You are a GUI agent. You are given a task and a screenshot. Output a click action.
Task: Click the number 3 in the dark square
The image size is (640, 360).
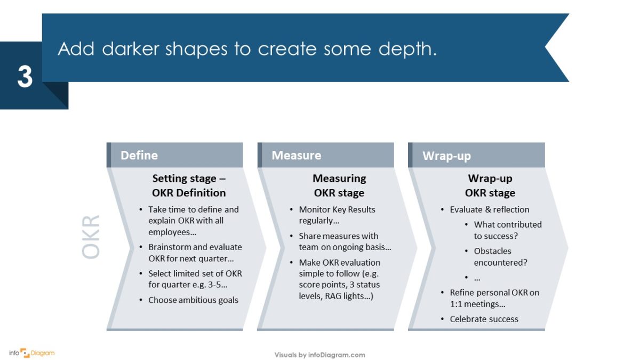click(x=25, y=77)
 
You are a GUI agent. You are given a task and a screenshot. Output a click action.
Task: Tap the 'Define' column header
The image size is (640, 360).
click(x=139, y=155)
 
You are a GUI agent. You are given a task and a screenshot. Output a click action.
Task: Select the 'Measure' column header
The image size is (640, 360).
click(x=296, y=155)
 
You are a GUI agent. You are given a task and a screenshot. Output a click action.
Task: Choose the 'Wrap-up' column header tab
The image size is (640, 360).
click(x=446, y=156)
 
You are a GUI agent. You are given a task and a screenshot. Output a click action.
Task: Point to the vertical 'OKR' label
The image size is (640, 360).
click(x=92, y=237)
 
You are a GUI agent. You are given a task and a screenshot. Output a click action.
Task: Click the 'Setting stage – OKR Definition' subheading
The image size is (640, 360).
click(x=189, y=186)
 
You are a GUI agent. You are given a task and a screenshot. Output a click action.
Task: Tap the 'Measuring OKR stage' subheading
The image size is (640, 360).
click(x=339, y=186)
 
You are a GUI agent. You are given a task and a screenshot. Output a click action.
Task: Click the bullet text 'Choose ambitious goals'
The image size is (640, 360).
click(x=193, y=300)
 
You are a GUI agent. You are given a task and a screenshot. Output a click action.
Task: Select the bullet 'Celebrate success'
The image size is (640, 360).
click(x=484, y=319)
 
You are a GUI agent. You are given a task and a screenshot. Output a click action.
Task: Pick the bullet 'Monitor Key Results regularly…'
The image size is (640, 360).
click(x=337, y=215)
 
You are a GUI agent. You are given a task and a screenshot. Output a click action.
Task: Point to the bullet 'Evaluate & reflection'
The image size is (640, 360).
click(x=489, y=210)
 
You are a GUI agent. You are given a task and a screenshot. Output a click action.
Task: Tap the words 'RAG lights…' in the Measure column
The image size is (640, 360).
click(x=349, y=295)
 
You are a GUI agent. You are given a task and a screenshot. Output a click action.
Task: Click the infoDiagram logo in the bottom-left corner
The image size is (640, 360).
click(x=32, y=353)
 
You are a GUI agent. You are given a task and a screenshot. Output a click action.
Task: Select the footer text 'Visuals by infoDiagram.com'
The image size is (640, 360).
click(x=319, y=355)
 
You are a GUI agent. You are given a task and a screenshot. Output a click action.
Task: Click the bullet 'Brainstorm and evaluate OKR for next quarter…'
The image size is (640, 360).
click(x=195, y=253)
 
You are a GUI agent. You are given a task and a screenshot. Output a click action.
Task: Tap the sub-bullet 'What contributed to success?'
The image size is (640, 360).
click(x=507, y=230)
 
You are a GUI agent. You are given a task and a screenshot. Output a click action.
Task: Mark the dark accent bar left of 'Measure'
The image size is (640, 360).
click(x=260, y=155)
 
